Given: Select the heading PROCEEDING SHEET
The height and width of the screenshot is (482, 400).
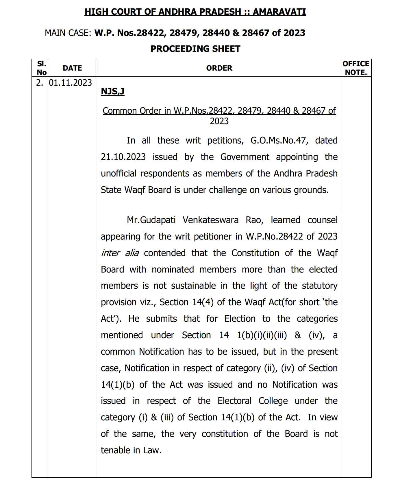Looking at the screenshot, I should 195,49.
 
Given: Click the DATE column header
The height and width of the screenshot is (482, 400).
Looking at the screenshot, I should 72,68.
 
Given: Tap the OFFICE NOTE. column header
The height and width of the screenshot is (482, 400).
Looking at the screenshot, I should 356,68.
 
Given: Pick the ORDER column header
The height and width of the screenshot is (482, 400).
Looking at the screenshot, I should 219,68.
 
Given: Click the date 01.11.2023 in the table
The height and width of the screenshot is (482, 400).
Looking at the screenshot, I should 70,83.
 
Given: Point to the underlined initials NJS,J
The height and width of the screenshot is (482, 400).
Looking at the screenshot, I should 112,91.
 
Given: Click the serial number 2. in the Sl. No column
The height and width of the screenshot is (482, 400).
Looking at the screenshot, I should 40,83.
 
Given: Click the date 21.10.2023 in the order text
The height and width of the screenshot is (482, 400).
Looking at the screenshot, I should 123,157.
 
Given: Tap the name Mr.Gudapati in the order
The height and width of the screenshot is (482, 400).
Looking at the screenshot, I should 151,220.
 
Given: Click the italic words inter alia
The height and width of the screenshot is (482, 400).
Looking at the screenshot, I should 120,253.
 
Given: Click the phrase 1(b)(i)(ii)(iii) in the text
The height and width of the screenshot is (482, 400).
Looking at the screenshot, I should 262,335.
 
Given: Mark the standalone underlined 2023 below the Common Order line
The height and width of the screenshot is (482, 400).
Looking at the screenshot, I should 219,121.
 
